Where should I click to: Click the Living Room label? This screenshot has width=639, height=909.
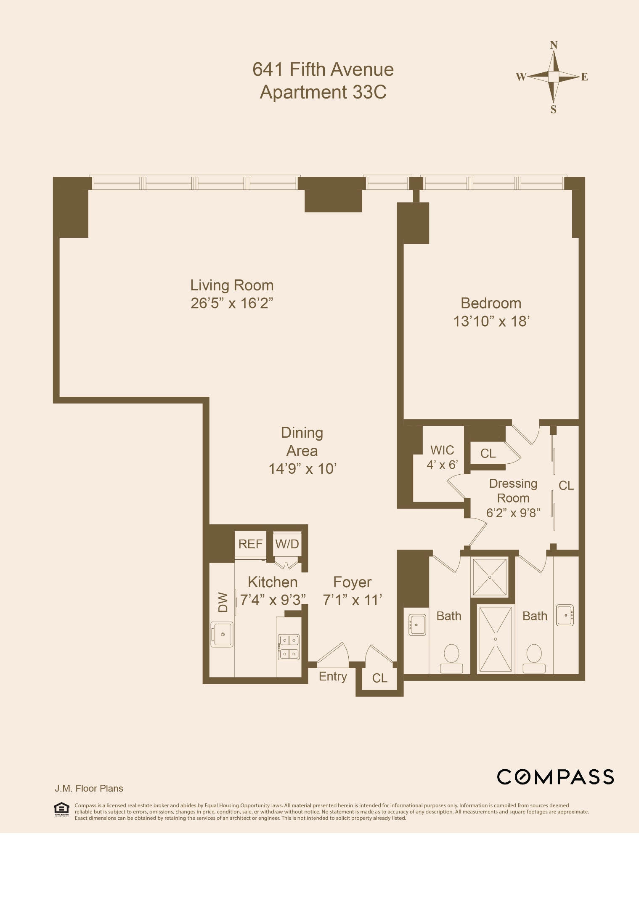pos(232,285)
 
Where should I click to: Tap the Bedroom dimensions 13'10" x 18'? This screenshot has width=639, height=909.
pos(491,322)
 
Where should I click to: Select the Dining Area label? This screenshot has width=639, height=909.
pos(302,441)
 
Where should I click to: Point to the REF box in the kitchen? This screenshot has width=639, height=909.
pos(250,544)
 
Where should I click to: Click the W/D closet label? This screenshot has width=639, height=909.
pos(287,544)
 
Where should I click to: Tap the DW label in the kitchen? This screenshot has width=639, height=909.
pos(223,602)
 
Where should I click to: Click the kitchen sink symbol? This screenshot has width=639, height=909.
pos(222,634)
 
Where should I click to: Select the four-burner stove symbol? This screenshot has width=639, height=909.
pos(289,647)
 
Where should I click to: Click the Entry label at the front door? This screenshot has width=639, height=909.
pos(333,677)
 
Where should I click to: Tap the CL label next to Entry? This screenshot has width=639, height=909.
pos(379,678)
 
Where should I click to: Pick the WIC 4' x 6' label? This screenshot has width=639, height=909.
pos(442,457)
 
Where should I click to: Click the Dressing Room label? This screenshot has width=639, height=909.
pos(513,491)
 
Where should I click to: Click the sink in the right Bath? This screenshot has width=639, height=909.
pos(565,615)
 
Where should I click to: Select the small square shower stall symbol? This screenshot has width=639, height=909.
pos(490,577)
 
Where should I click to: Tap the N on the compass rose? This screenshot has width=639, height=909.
pos(554,45)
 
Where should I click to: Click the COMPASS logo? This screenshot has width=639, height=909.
pos(555,777)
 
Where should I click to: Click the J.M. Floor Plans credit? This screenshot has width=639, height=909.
pos(89,789)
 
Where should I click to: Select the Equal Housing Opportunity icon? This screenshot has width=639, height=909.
pos(61,809)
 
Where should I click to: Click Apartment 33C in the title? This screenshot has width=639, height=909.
pos(323,92)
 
